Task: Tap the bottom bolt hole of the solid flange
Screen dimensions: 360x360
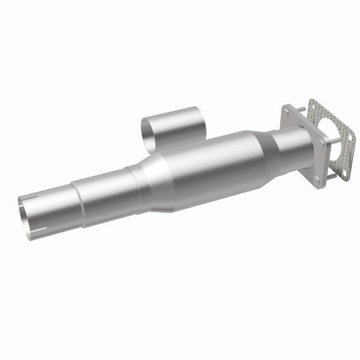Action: (316, 181)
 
